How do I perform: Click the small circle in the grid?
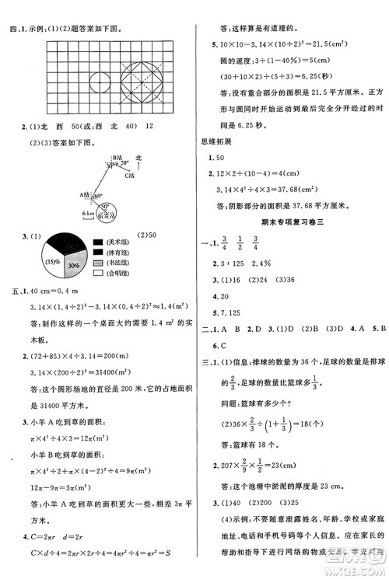[x=100, y=80]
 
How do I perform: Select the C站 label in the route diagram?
[x=130, y=176]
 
